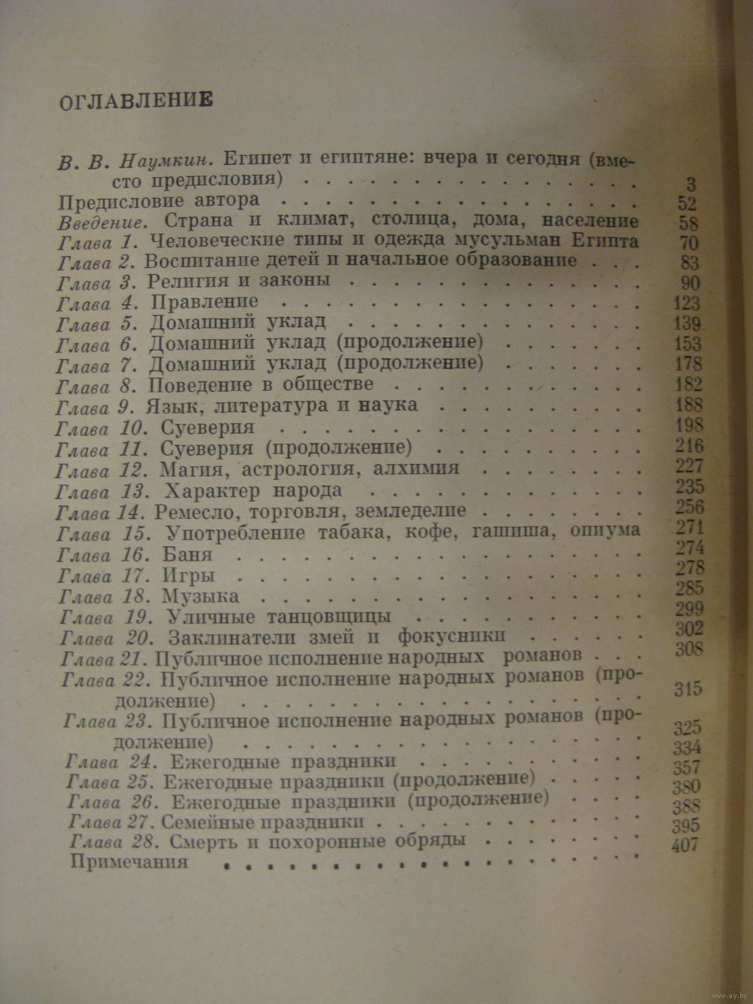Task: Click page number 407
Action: [684, 845]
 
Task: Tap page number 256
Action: [689, 506]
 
